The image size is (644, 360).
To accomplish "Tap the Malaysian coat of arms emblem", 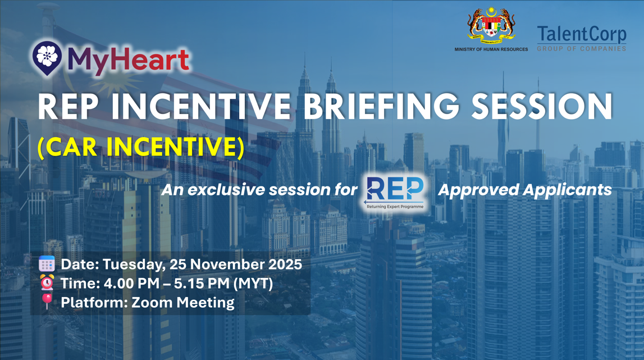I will (491, 25).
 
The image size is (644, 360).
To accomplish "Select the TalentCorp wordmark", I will (581, 35).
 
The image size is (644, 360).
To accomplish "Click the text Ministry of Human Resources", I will (491, 49).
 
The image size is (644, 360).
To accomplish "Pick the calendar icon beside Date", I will (47, 264).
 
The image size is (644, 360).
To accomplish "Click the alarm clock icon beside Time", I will (47, 283).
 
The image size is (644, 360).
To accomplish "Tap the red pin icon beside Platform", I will (47, 302).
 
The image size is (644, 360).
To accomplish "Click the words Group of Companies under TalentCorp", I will (581, 49).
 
